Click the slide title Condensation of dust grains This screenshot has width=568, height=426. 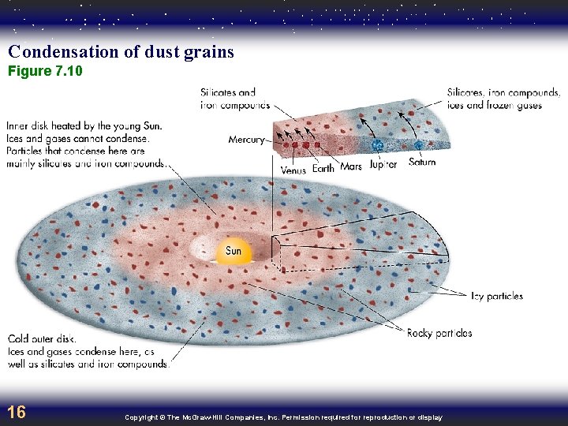[x=121, y=52]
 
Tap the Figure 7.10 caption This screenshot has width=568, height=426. [x=45, y=72]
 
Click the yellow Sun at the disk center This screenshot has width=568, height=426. [x=234, y=251]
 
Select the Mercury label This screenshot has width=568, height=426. [x=247, y=140]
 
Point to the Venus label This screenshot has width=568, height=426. [x=293, y=170]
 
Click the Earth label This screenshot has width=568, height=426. [x=323, y=168]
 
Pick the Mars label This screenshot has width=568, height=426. [x=351, y=167]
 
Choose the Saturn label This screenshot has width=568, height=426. [x=422, y=163]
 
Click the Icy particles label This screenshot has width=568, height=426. [x=496, y=297]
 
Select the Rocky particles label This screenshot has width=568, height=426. [x=439, y=334]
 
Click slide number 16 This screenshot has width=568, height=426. [x=16, y=412]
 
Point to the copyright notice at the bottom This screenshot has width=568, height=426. [x=283, y=417]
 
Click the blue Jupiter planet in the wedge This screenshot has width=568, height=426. [x=377, y=147]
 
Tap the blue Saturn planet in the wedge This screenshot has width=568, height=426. [x=417, y=145]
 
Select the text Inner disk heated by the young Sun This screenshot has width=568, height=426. [x=84, y=125]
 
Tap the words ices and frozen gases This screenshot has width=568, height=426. [x=495, y=105]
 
